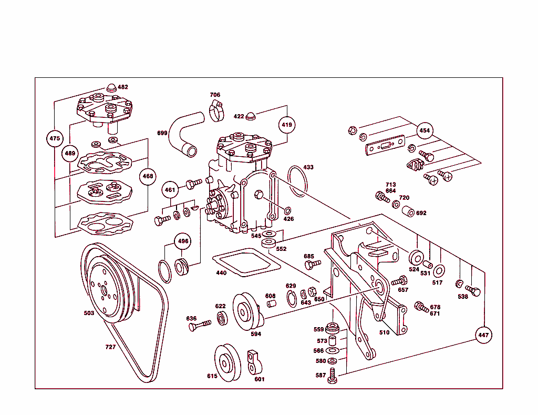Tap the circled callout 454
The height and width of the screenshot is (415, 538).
[x=425, y=130]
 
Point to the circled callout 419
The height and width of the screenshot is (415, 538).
[x=287, y=125]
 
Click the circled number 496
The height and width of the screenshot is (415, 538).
[x=182, y=241]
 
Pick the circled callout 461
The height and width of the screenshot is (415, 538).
[x=170, y=190]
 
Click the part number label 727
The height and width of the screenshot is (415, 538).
[x=110, y=347]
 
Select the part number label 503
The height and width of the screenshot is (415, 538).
[x=89, y=313]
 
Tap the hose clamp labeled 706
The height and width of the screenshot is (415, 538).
[x=215, y=111]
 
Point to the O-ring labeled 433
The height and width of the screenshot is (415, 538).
[x=297, y=181]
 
